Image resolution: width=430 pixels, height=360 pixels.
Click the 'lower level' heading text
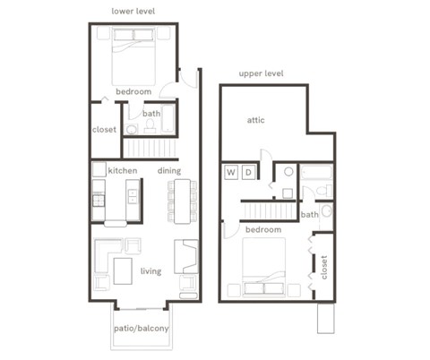tap(133, 11)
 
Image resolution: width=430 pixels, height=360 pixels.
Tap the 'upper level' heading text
tap(261, 73)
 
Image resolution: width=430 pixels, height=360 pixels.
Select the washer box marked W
tap(230, 172)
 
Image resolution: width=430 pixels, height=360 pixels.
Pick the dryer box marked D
tap(249, 172)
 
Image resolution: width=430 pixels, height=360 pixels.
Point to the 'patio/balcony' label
tap(141, 330)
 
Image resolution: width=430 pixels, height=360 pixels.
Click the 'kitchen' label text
tap(122, 170)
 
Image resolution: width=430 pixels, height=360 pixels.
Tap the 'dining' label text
tap(169, 170)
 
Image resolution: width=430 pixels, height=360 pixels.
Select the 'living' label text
tap(150, 270)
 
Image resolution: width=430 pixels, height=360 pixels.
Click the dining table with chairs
tap(183, 201)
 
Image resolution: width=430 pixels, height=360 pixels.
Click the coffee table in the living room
tap(122, 270)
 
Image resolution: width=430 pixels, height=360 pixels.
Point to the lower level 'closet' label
tap(104, 129)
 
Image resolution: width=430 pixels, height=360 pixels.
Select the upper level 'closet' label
tap(324, 266)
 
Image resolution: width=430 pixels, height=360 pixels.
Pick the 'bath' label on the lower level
tap(151, 114)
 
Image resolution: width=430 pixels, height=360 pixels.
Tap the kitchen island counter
tap(133, 201)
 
